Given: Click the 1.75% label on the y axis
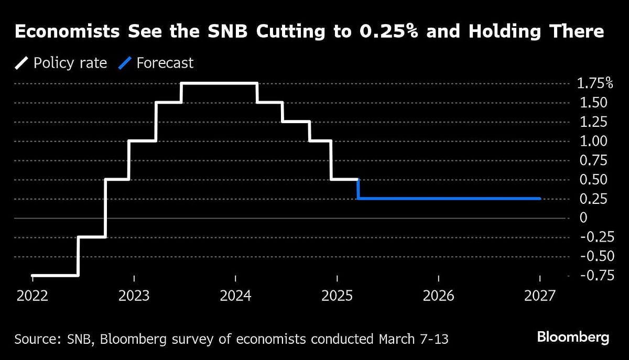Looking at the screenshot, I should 594,83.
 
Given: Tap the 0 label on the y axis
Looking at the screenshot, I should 583,218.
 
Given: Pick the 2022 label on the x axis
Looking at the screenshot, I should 32,296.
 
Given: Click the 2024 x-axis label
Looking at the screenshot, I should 235,296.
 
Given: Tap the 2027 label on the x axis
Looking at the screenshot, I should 539,296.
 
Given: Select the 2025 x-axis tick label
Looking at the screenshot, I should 337,296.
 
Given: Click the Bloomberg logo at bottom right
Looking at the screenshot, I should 572,337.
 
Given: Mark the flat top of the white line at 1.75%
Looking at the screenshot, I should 219,83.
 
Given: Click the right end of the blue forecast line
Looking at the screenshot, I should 539,199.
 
